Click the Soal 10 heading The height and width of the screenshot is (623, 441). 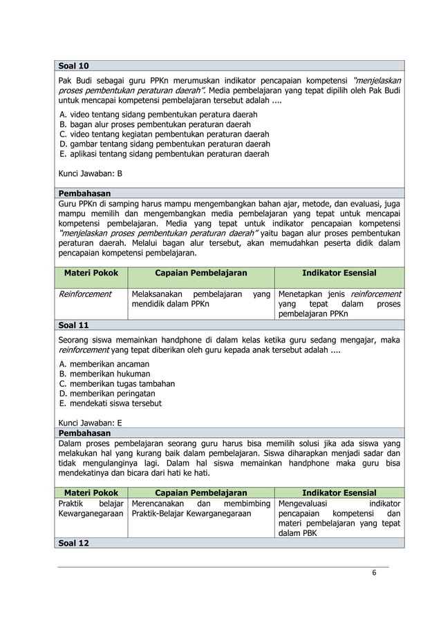click(x=74, y=66)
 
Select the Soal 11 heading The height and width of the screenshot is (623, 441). click(x=74, y=325)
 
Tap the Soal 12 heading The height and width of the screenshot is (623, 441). click(x=74, y=543)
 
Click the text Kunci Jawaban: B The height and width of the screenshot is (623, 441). click(x=91, y=174)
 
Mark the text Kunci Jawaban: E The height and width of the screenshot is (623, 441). click(x=91, y=423)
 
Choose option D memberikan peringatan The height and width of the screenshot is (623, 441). click(x=109, y=394)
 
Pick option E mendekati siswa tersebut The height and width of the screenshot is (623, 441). click(x=111, y=403)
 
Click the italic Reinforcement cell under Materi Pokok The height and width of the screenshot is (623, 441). click(x=84, y=294)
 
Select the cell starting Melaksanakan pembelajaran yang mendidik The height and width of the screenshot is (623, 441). click(x=200, y=299)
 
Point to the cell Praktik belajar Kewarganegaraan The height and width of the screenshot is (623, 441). click(x=91, y=509)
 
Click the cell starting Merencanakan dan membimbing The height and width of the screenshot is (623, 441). click(x=200, y=509)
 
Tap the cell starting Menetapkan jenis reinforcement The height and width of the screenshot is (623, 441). click(x=339, y=304)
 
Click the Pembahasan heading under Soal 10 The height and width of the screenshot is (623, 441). click(x=84, y=194)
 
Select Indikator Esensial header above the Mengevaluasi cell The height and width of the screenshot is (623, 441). click(x=339, y=492)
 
